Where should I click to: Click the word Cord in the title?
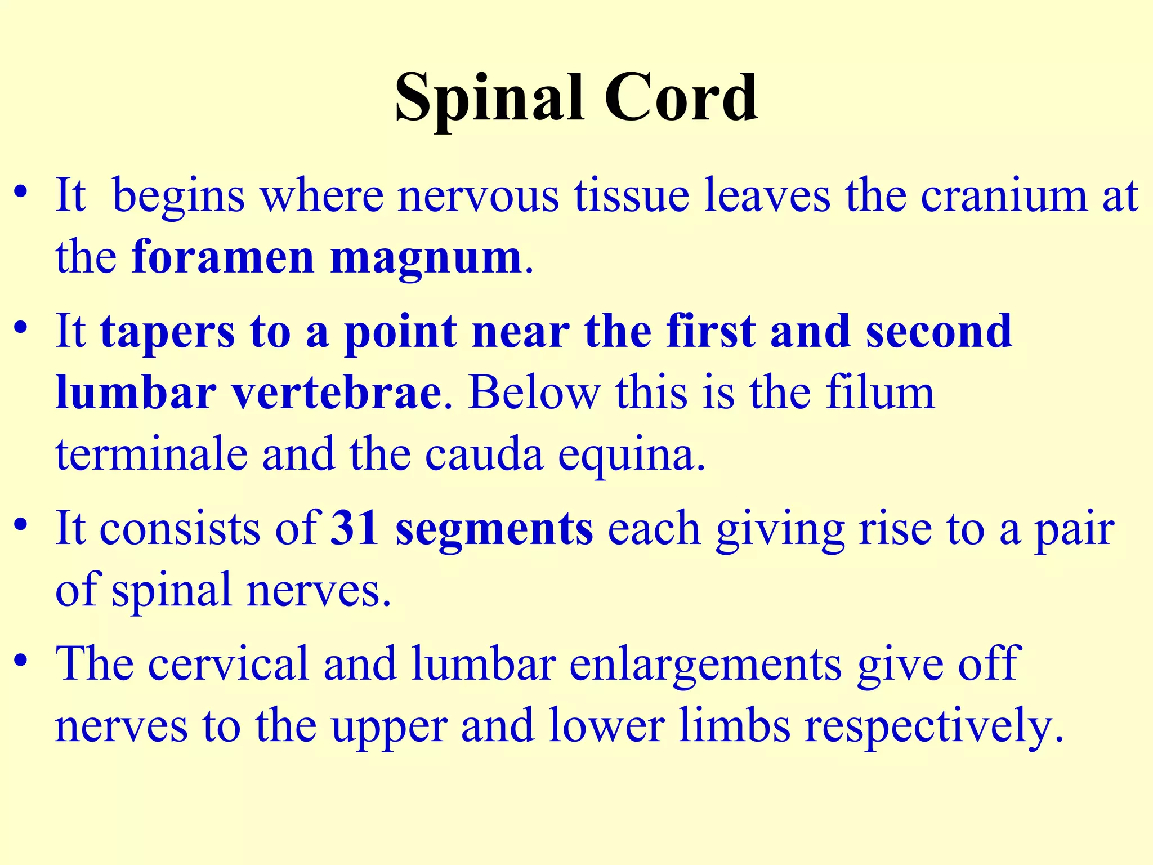(681, 99)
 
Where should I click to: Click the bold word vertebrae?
(337, 393)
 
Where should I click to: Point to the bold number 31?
(354, 528)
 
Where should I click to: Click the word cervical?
(228, 664)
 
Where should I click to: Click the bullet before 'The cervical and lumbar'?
(21, 660)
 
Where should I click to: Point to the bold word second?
(939, 331)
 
